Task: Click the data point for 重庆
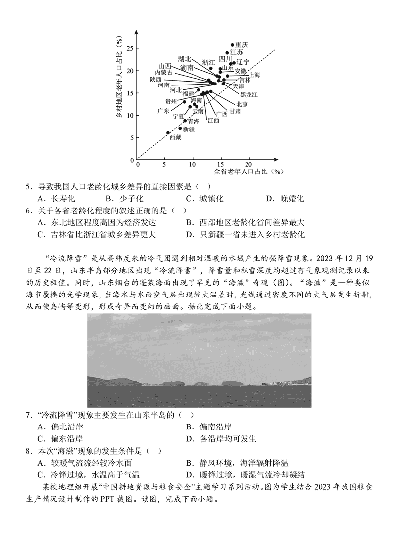(x=232, y=45)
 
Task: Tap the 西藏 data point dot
(x=168, y=132)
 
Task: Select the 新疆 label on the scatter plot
(x=188, y=129)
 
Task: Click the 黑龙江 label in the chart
(x=248, y=94)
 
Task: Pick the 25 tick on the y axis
(x=130, y=48)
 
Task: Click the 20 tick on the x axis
(x=248, y=164)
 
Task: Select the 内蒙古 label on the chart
(x=164, y=72)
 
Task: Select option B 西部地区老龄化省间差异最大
(x=246, y=223)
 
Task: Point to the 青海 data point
(x=185, y=121)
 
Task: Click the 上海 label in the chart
(x=254, y=75)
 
